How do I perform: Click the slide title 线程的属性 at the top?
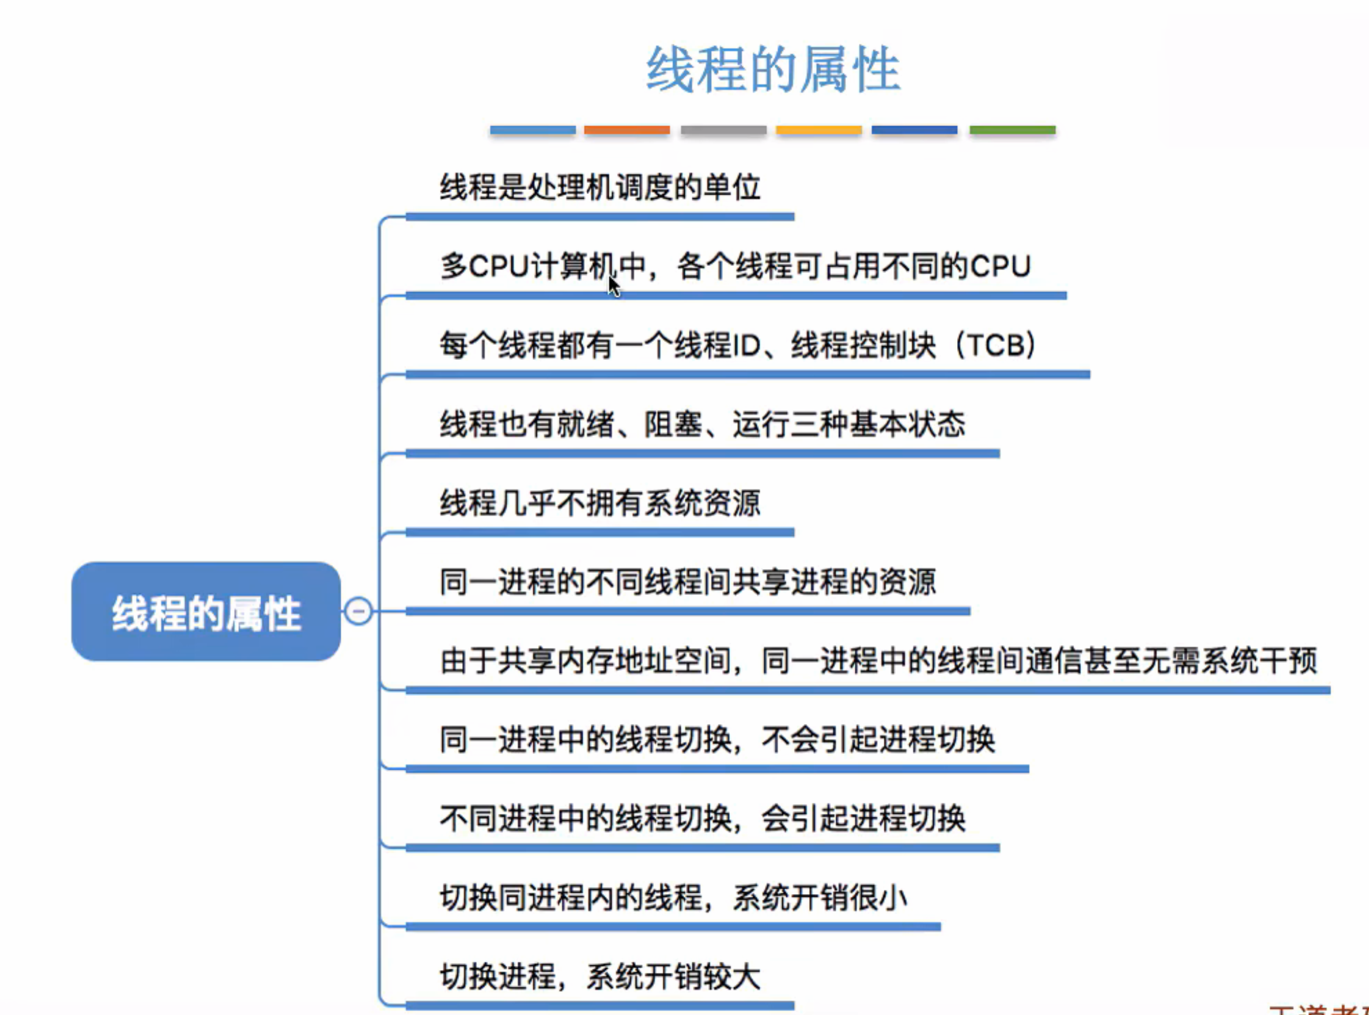pos(772,70)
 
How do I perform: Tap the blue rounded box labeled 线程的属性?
pos(206,612)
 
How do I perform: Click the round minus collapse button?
pos(359,611)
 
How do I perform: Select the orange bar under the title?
pos(626,130)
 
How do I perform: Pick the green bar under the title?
pos(1012,130)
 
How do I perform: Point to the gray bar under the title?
pos(723,130)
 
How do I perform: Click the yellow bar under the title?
pos(819,130)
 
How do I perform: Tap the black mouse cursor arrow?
pos(613,286)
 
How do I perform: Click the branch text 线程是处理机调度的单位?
pos(600,188)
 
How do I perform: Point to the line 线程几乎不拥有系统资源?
pos(600,503)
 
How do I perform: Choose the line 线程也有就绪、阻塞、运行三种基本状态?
pos(702,424)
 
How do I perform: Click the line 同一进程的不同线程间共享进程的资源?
pos(688,582)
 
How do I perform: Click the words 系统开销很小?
pos(820,898)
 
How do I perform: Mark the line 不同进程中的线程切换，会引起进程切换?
pos(702,819)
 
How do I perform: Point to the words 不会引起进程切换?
pos(878,740)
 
